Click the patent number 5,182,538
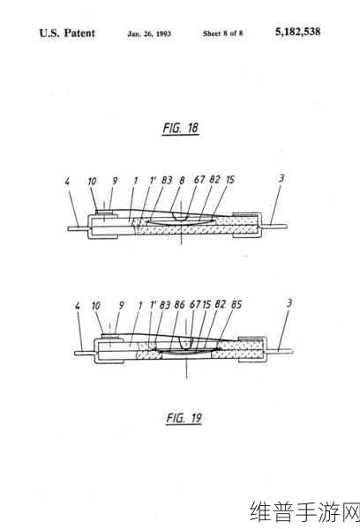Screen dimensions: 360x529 (x=297, y=32)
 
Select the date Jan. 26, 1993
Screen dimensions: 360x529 (x=149, y=34)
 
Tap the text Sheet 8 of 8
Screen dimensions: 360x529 (x=223, y=34)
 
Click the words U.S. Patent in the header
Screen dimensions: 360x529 (x=67, y=34)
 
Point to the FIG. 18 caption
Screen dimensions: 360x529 (x=180, y=128)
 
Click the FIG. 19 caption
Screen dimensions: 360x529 (x=184, y=418)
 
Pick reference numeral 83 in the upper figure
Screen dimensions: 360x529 (x=167, y=180)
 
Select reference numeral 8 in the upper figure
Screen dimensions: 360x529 (x=182, y=180)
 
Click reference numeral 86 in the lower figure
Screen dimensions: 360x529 (x=179, y=305)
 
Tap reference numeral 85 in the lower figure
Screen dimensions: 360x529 (x=236, y=304)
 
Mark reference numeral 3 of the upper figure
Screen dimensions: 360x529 (x=281, y=178)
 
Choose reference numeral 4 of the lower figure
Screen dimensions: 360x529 (x=78, y=306)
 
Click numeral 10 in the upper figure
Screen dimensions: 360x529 (x=92, y=182)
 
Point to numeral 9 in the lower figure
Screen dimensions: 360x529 (x=121, y=305)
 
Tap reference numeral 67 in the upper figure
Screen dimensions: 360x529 (x=199, y=180)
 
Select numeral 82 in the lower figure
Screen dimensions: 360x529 (x=221, y=304)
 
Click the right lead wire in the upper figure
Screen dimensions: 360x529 (x=274, y=226)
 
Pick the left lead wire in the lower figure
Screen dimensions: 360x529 (x=84, y=353)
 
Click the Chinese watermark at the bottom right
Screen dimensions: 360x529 (x=304, y=511)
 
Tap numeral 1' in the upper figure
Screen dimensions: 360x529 (x=153, y=180)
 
